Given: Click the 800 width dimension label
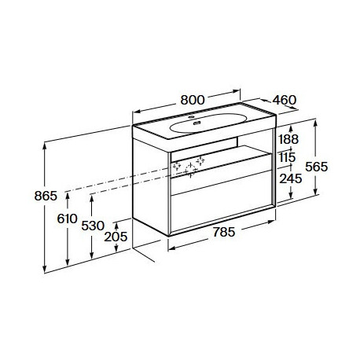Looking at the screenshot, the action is pos(193,100).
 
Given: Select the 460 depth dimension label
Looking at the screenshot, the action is pos(285,100).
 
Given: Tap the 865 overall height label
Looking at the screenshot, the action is pos(46,196).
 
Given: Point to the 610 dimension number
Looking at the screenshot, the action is pos(67,219).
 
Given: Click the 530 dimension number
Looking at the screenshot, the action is pos(93,226).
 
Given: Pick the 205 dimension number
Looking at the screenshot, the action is pos(116,237).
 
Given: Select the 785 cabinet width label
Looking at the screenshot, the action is pos(223,232).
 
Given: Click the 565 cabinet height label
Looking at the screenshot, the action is pos(317,167).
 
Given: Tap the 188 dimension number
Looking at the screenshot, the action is pos(288,139).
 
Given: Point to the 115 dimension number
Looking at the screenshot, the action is pos(287,157).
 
